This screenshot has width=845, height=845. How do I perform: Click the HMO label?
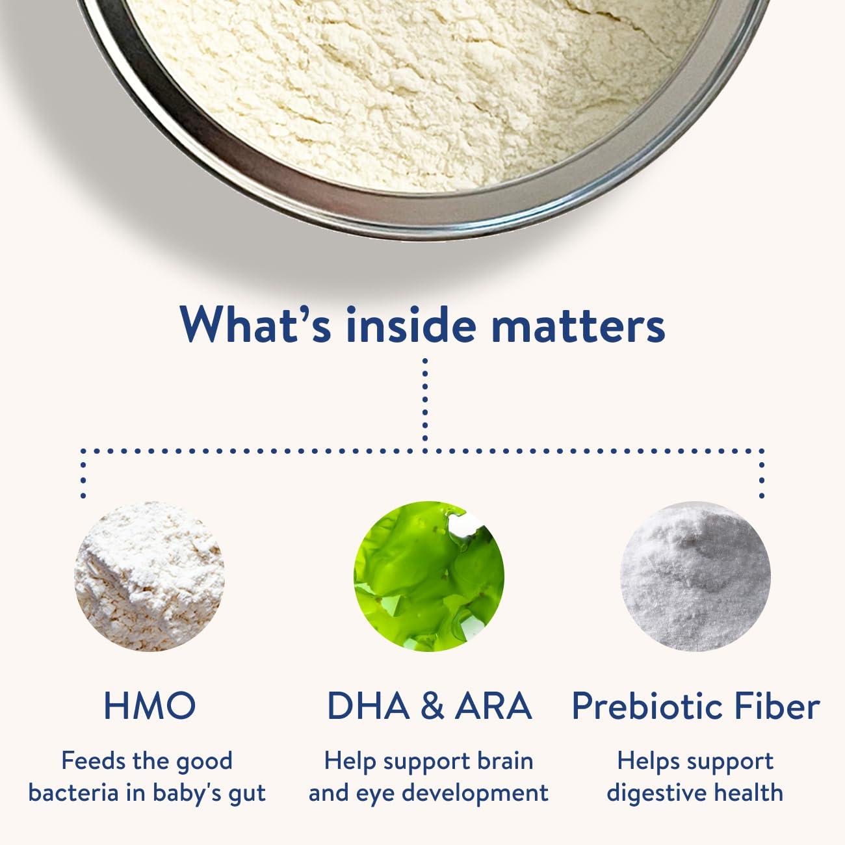coord(149,705)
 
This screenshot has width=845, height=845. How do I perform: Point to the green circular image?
coord(429,576)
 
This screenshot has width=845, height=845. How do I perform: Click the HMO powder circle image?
coord(149,576)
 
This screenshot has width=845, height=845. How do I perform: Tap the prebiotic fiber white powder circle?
coord(696,576)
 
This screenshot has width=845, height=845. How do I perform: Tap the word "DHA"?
coord(369,705)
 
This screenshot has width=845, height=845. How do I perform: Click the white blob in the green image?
coord(465,524)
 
